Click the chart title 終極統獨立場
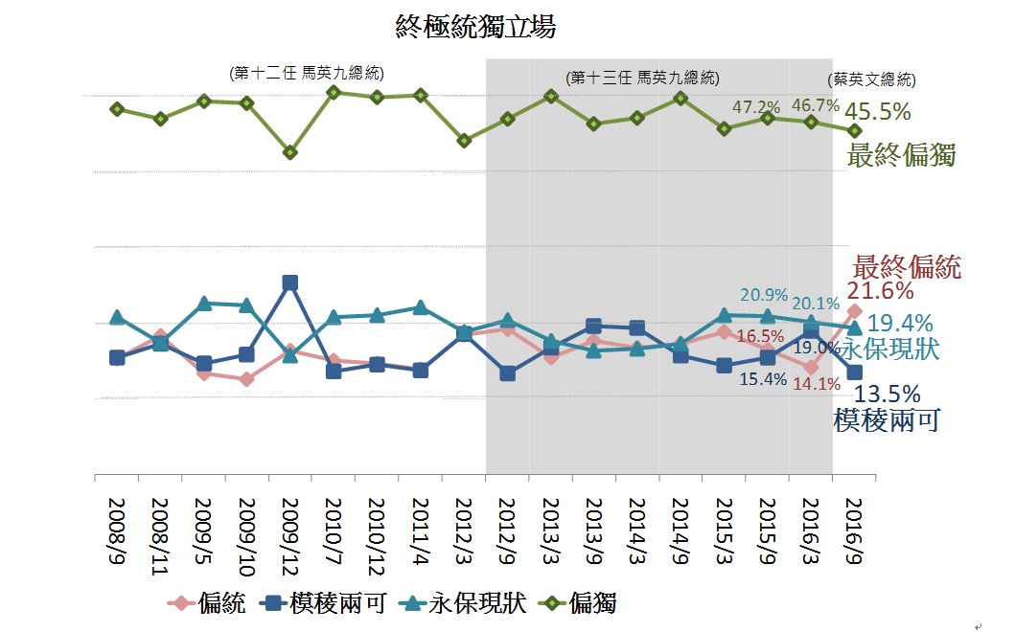(475, 27)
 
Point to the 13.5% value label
(888, 394)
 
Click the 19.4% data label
(900, 324)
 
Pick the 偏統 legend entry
(207, 603)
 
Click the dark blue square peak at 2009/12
(290, 282)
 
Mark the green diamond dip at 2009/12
(290, 152)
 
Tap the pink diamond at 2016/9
(855, 311)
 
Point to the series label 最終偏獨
(902, 155)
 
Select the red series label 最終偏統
(907, 266)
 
